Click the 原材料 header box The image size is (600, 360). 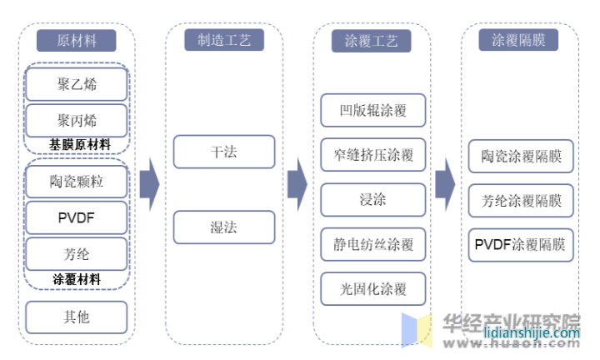(77, 41)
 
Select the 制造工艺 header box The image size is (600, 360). (223, 40)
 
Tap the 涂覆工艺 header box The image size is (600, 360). (371, 41)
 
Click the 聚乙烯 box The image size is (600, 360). (77, 84)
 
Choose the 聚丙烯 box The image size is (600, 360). (77, 120)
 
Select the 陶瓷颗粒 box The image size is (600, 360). (77, 181)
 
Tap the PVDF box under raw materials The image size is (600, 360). (77, 217)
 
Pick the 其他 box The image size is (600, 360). (77, 317)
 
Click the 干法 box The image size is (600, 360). (223, 152)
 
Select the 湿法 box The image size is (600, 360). (223, 227)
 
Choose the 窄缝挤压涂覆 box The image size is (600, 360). (372, 155)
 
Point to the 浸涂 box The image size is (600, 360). (372, 200)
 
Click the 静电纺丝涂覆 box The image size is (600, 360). (372, 244)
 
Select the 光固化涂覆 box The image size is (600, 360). (372, 289)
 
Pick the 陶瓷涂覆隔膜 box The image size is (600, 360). (521, 156)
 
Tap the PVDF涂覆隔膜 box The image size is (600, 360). (521, 245)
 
